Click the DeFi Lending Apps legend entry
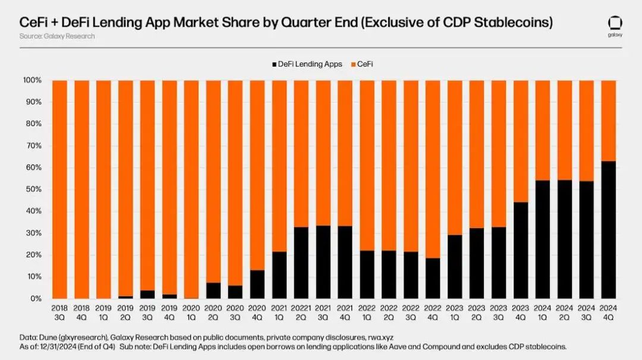307,64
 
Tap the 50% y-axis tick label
33,190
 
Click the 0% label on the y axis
35,299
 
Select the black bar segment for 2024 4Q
609,230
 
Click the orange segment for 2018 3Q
59,189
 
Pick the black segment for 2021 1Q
279,275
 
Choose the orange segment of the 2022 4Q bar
433,169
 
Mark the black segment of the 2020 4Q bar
257,285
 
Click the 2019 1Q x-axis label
103,313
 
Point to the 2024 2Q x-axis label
565,313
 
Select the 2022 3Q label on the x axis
411,313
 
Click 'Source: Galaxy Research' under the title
57,36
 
